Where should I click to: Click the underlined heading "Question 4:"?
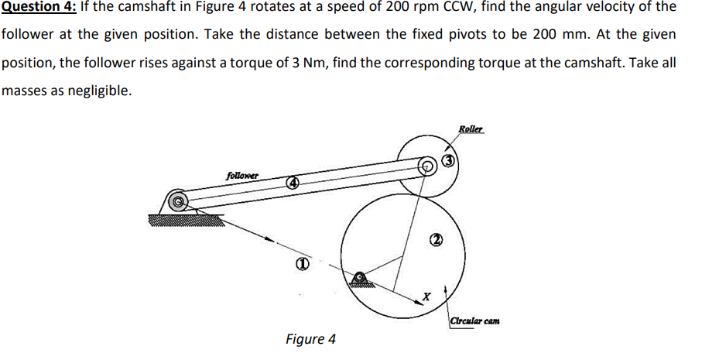(38, 7)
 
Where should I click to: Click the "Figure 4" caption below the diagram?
(310, 339)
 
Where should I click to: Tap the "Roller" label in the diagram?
(470, 129)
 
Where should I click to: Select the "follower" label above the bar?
(241, 175)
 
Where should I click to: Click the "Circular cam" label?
(474, 320)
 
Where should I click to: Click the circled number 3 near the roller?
(449, 162)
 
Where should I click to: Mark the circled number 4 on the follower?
(293, 183)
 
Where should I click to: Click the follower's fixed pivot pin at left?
(179, 201)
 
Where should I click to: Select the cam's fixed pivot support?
(360, 279)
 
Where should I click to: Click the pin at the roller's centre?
(426, 166)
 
